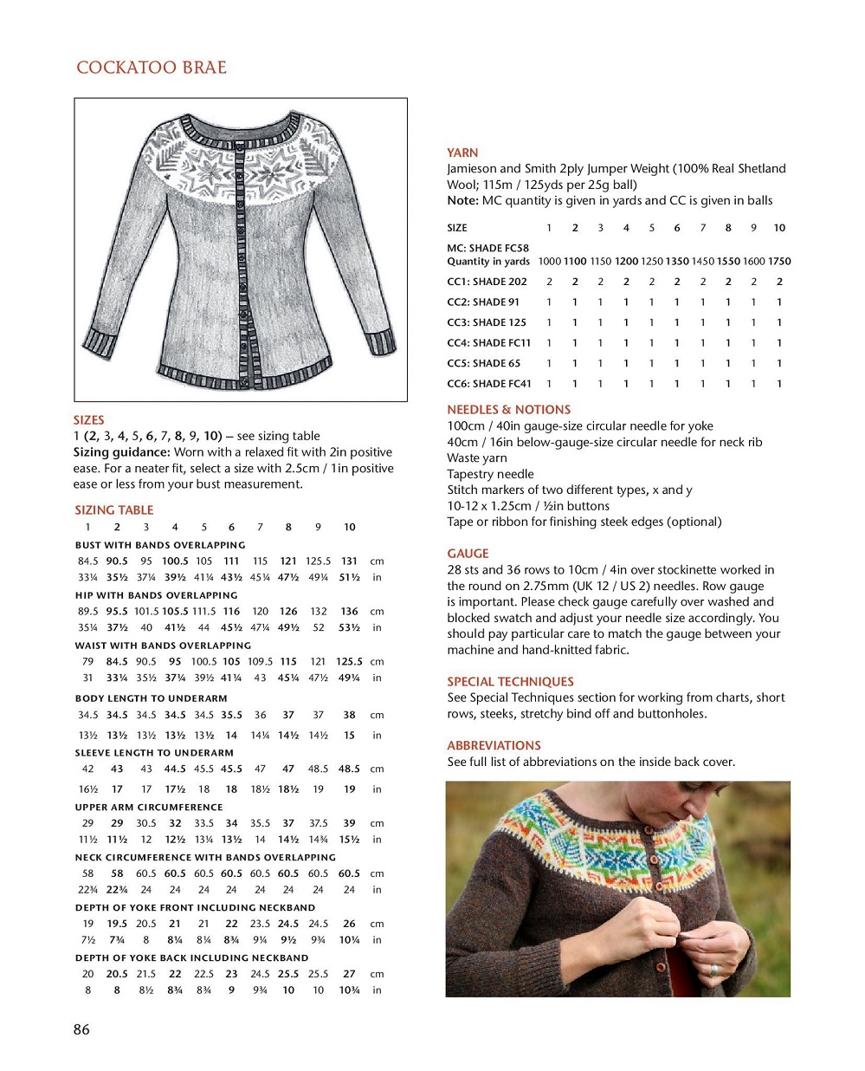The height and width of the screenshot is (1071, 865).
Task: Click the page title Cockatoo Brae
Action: (151, 68)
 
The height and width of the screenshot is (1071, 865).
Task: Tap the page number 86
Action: (81, 1029)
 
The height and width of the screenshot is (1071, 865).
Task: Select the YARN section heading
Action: (462, 153)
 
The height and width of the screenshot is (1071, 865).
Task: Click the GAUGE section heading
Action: (468, 554)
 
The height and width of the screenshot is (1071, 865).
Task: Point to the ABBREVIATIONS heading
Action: (494, 745)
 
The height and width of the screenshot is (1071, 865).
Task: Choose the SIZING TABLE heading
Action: (113, 510)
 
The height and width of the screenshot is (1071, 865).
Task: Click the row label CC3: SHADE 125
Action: (487, 322)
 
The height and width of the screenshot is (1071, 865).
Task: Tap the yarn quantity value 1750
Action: (779, 261)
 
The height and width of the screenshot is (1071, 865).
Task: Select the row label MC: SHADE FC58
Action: (487, 248)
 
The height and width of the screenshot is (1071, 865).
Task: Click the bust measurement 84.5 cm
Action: (87, 561)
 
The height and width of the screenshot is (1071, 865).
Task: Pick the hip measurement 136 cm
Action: (349, 612)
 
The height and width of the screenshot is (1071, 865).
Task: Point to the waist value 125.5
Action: (349, 662)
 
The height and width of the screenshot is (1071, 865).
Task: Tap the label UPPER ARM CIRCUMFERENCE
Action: (149, 807)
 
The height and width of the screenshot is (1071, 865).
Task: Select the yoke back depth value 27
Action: (349, 974)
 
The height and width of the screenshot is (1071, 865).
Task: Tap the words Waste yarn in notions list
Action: (477, 458)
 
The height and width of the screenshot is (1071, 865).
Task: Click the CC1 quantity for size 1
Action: (549, 282)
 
